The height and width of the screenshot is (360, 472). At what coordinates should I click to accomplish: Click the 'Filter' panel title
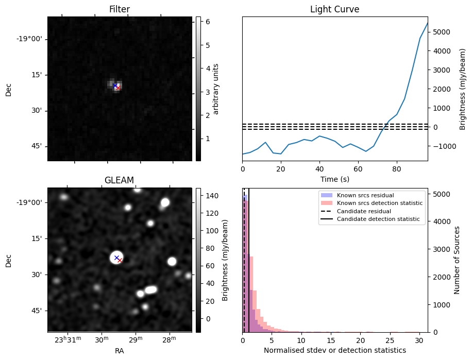pos(120,9)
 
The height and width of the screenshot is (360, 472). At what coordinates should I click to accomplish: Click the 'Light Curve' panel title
pos(334,9)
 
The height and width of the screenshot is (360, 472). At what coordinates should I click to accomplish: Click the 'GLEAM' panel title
pos(119,180)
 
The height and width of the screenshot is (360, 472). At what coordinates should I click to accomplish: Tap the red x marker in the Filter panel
pos(118,88)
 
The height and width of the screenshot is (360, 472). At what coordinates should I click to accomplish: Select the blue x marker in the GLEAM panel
pos(116,258)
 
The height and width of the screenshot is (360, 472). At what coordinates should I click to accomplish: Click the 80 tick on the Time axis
pos(397,168)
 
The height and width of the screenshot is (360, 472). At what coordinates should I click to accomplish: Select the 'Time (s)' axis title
pos(334,178)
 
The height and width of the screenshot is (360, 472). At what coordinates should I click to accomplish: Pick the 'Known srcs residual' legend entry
pos(365,195)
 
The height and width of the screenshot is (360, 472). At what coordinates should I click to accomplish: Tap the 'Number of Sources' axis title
pos(457,260)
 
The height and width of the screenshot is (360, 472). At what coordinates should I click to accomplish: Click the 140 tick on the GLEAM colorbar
pos(206,196)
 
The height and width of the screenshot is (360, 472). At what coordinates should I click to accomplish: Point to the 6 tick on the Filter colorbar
pos(205,22)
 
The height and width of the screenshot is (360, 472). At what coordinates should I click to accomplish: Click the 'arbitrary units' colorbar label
pos(216,89)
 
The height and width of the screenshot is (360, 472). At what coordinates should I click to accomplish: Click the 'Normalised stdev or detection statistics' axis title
pos(334,350)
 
